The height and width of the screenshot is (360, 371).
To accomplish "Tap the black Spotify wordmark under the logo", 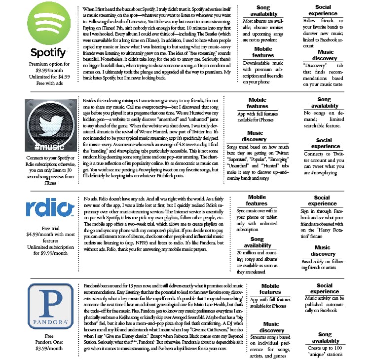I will pyautogui.click(x=48, y=53).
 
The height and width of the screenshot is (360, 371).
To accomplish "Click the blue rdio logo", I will pyautogui.click(x=48, y=208).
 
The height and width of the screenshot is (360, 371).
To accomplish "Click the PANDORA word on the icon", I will pyautogui.click(x=48, y=322).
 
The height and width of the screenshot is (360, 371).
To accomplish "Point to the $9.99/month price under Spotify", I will pyautogui.click(x=48, y=70).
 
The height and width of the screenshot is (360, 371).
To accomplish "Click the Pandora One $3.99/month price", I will pyautogui.click(x=48, y=348).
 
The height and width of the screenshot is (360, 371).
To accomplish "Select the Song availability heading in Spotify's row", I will pyautogui.click(x=263, y=11).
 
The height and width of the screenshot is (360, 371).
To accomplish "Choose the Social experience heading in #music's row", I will pyautogui.click(x=325, y=143).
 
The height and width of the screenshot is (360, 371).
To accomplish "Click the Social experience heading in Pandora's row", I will pyautogui.click(x=324, y=288).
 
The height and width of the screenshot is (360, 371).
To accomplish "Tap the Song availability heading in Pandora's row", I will pyautogui.click(x=325, y=337).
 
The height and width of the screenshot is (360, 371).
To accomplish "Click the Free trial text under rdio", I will pyautogui.click(x=48, y=229).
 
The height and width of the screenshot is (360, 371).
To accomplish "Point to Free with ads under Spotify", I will pyautogui.click(x=48, y=83).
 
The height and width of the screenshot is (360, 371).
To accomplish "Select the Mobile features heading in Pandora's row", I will pyautogui.click(x=270, y=289).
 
